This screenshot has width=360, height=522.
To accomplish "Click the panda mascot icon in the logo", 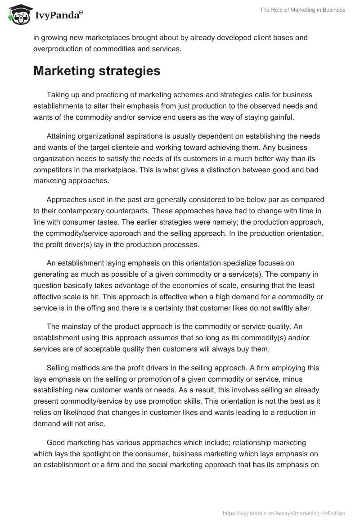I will tap(17, 15).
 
